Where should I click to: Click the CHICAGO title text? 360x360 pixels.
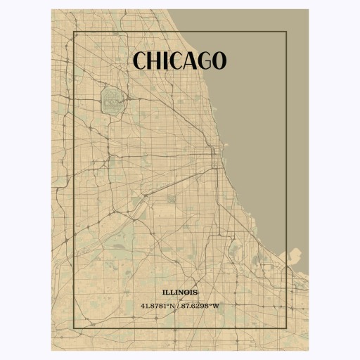tap(179, 61)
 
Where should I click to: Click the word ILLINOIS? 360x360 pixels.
tap(180, 292)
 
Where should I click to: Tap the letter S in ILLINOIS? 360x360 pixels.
tap(195, 292)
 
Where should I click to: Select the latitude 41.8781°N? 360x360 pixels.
tap(159, 306)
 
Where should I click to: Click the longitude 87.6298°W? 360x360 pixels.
tap(201, 306)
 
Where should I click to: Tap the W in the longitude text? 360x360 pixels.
tap(217, 306)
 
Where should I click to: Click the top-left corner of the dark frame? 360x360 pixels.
tap(74, 32)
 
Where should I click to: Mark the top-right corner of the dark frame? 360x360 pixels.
tap(286, 32)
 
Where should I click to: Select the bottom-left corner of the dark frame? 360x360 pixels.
tap(74, 327)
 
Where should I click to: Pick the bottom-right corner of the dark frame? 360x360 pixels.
tap(286, 327)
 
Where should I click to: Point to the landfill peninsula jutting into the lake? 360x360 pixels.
tap(295, 255)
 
